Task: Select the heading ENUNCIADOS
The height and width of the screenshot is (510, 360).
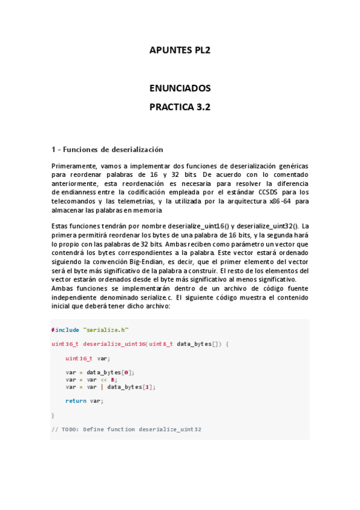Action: click(x=180, y=88)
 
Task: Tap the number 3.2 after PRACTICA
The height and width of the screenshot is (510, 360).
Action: click(x=201, y=108)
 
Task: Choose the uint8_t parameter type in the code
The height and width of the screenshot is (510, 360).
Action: click(x=161, y=344)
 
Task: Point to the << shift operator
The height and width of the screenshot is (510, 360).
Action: click(x=104, y=379)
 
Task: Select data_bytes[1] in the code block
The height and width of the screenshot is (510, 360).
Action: click(x=131, y=387)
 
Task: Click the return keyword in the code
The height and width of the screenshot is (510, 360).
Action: click(x=76, y=401)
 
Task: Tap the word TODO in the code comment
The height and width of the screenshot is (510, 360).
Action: click(x=70, y=429)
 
